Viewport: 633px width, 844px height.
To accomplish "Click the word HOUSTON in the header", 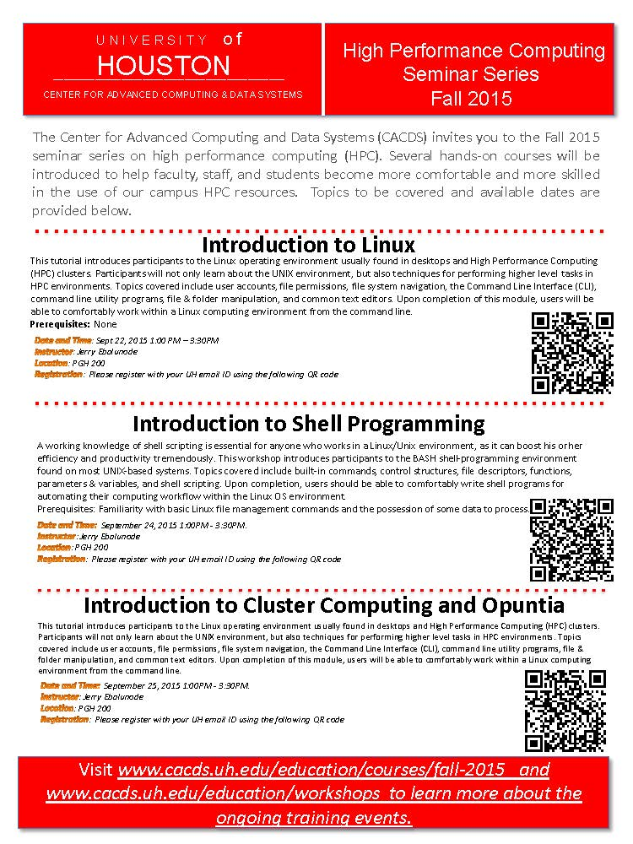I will click(x=164, y=66).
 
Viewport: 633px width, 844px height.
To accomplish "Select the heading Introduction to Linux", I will click(x=309, y=245).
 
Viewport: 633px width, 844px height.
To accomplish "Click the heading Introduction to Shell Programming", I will click(x=309, y=422).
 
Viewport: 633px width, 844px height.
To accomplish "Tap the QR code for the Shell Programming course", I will click(x=571, y=539).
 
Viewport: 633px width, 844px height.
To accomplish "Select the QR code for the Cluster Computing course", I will click(x=565, y=710).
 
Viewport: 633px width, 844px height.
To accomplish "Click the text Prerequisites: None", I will click(x=73, y=324).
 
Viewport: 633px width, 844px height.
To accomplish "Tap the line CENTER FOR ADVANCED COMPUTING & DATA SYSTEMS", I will click(x=172, y=95).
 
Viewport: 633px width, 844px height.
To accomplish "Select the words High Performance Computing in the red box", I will click(x=473, y=51).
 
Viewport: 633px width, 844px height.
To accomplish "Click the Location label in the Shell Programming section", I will click(x=54, y=547).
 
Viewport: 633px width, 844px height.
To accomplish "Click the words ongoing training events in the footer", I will click(x=314, y=818).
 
